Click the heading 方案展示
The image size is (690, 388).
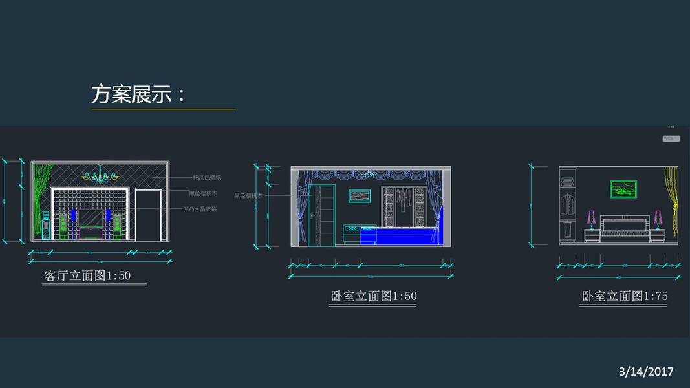(x=138, y=95)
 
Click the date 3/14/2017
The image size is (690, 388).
(x=646, y=371)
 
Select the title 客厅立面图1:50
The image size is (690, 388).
(x=88, y=276)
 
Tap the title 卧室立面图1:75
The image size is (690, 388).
(x=625, y=296)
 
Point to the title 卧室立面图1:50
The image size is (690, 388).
(x=373, y=296)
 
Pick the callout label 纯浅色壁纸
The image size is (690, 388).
(x=207, y=177)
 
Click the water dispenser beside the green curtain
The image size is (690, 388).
(x=46, y=223)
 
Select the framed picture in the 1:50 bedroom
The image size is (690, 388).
(x=360, y=195)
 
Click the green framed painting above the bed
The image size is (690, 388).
(x=623, y=189)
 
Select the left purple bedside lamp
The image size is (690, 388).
(x=590, y=219)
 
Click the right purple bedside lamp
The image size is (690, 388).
(x=658, y=219)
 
